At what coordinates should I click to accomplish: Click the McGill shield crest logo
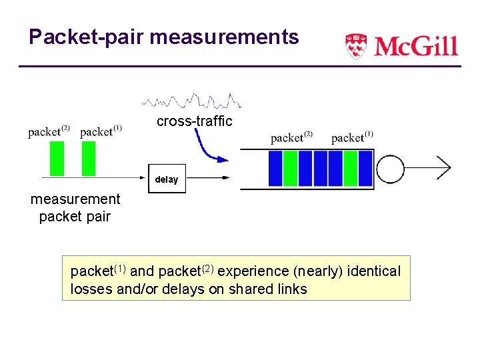tap(356, 46)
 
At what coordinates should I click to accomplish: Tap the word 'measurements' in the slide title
tap(225, 37)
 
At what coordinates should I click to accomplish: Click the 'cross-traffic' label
tap(194, 121)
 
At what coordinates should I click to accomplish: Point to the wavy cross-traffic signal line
tap(191, 101)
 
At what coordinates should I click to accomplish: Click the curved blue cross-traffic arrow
tap(208, 148)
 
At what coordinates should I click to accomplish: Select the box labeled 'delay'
tap(167, 179)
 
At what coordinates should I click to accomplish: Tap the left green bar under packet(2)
tap(57, 159)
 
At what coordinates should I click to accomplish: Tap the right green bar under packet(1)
tap(89, 159)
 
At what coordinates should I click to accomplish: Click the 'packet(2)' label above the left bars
tap(49, 131)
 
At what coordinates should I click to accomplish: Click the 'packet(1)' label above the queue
tap(352, 137)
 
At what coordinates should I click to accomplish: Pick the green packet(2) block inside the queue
tap(290, 168)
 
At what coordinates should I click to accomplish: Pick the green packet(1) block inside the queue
tap(351, 168)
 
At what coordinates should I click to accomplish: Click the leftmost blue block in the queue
tap(275, 168)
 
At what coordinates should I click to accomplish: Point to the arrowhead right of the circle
tap(445, 168)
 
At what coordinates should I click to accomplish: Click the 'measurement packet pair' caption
tap(75, 207)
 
